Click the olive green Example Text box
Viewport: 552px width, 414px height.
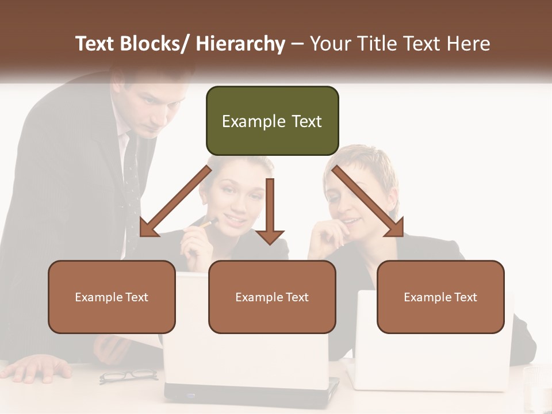tap(272, 121)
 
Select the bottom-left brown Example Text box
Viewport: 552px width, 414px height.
tap(112, 297)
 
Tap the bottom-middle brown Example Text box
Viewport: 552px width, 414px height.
tap(272, 297)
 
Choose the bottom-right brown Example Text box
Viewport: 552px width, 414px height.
tap(440, 297)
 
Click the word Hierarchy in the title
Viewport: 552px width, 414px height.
tap(240, 44)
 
